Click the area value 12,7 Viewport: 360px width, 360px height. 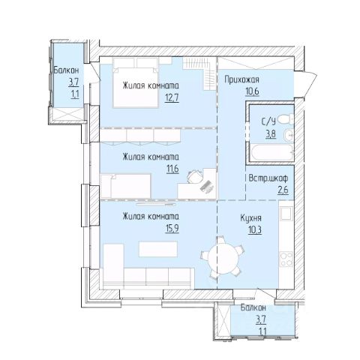(172, 97)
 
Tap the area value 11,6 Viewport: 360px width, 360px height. (172, 169)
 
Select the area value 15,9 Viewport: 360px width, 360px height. (172, 229)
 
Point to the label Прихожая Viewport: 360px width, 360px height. (241, 80)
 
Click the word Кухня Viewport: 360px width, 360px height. (251, 218)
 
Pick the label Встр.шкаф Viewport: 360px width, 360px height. (268, 178)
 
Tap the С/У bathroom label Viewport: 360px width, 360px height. (268, 121)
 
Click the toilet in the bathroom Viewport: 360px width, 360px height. (286, 118)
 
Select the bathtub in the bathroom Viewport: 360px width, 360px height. (271, 152)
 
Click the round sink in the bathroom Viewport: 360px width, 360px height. (288, 135)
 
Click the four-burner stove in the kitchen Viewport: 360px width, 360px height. (286, 259)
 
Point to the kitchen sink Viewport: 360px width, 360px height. (286, 213)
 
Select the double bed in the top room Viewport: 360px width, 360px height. (136, 82)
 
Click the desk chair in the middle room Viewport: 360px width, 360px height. (195, 177)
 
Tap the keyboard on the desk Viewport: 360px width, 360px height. (207, 187)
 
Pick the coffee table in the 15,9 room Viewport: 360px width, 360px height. (158, 249)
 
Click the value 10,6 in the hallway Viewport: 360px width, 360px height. (252, 91)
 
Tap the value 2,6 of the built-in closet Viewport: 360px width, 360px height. (283, 190)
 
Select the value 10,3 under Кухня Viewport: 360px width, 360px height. (255, 229)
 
